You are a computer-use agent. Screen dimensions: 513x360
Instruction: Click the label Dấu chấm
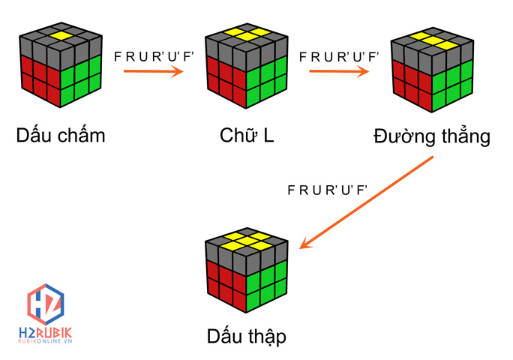(x=61, y=136)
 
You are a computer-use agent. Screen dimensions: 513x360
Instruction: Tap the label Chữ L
(x=246, y=136)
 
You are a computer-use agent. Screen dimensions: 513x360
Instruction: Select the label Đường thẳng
(x=431, y=137)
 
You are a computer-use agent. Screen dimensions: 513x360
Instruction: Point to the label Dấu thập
(x=246, y=334)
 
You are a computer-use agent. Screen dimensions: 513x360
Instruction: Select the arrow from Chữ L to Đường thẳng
(x=338, y=72)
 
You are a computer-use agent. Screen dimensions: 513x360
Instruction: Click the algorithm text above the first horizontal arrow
(x=153, y=56)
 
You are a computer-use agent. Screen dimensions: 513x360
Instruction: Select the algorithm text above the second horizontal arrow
(x=339, y=56)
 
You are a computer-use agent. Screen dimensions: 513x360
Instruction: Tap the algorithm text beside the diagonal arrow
(x=328, y=189)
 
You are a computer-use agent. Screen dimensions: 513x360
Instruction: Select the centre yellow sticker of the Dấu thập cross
(x=247, y=241)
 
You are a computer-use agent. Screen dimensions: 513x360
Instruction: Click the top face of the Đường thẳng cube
(x=433, y=41)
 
